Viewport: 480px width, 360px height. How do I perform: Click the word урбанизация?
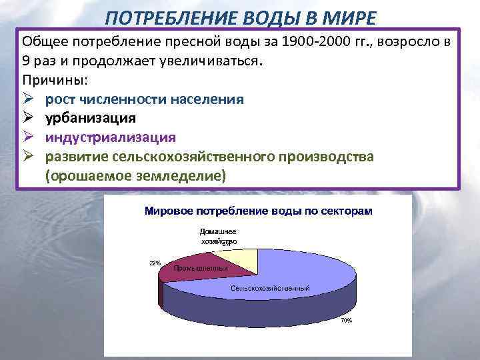pyautogui.click(x=91, y=118)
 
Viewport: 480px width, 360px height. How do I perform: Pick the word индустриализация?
pyautogui.click(x=110, y=137)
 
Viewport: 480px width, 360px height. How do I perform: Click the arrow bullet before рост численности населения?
pyautogui.click(x=28, y=99)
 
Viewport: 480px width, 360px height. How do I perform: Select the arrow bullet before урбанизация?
pyautogui.click(x=28, y=118)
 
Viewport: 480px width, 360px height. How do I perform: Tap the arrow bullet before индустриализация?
pyautogui.click(x=28, y=137)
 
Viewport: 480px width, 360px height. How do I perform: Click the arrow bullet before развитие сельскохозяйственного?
pyautogui.click(x=28, y=157)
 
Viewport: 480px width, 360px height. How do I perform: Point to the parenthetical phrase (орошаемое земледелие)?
pyautogui.click(x=135, y=175)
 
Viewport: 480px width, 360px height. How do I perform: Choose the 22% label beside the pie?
pyautogui.click(x=155, y=263)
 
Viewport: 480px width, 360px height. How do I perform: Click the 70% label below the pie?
pyautogui.click(x=346, y=321)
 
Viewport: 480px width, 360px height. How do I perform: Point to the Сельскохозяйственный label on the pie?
pyautogui.click(x=270, y=288)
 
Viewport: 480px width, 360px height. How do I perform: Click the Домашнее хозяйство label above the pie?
pyautogui.click(x=217, y=237)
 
